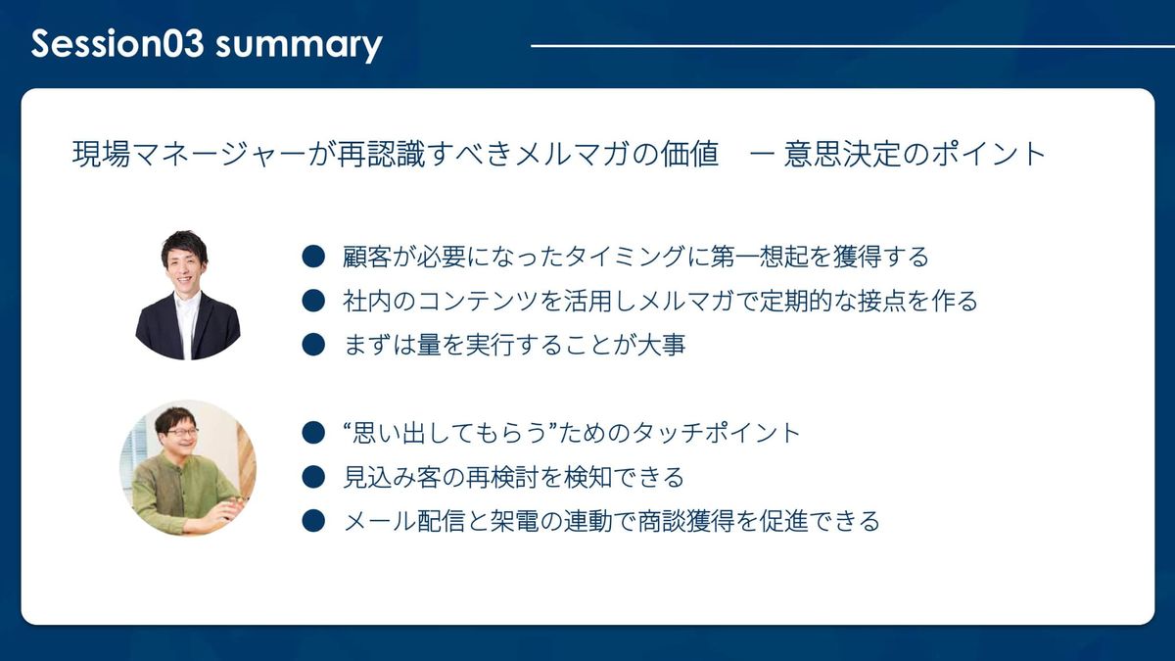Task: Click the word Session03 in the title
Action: coord(117,43)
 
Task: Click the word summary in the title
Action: coord(299,46)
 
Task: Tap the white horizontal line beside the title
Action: coord(853,46)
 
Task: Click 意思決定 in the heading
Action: coord(843,155)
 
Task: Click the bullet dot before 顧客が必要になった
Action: coord(313,257)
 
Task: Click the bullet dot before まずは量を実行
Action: coord(313,345)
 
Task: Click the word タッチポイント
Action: coord(716,433)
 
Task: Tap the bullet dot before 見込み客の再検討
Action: coord(313,477)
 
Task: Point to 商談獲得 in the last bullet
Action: coord(685,521)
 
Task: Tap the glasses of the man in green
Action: coord(182,432)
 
